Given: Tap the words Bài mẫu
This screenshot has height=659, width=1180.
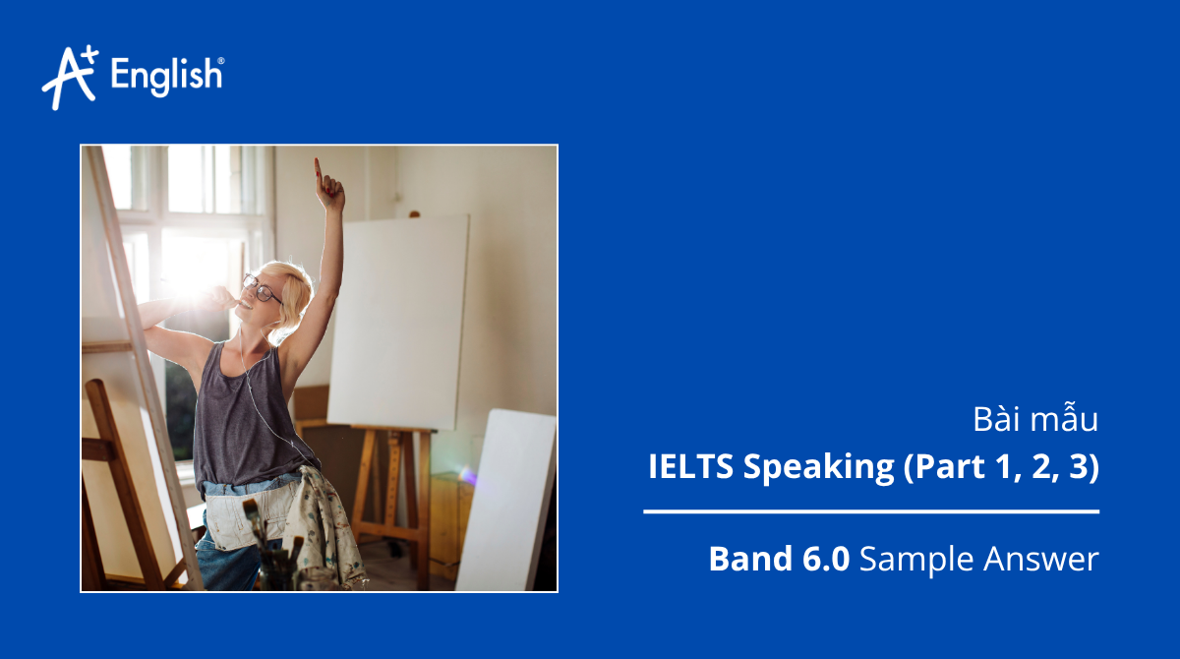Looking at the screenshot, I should tap(1034, 420).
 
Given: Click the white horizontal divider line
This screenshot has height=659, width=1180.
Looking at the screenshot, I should tap(871, 511).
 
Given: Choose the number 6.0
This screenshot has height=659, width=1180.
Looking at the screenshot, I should tap(825, 560).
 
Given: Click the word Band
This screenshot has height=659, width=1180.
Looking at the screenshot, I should tap(748, 560).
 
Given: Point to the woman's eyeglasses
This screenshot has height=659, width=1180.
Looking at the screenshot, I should tap(263, 288).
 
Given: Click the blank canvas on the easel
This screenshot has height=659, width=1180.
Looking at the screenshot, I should tap(398, 320).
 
